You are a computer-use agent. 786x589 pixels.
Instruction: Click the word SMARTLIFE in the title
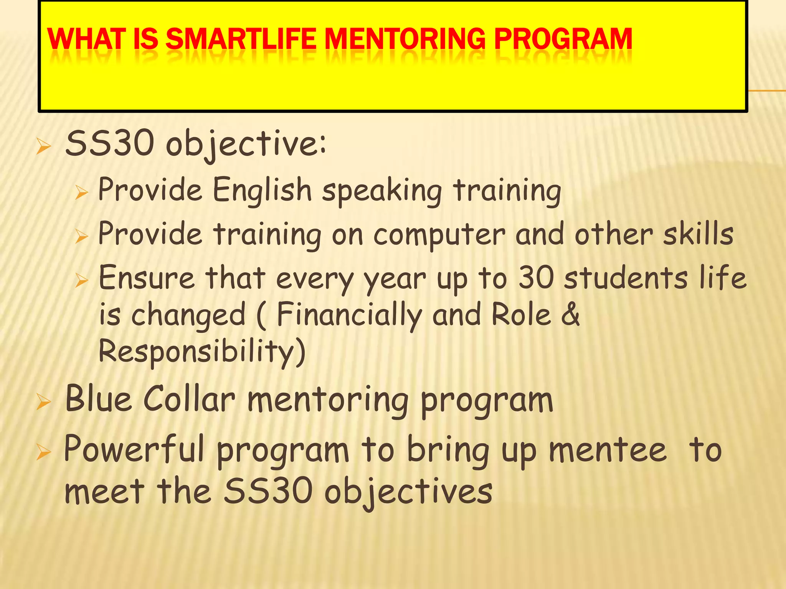tap(241, 39)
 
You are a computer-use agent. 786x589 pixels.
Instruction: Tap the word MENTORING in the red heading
tap(405, 39)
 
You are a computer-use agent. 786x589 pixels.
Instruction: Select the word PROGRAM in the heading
tap(563, 39)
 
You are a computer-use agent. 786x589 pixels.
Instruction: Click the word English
tap(262, 189)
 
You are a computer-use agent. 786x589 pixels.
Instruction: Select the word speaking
tap(382, 191)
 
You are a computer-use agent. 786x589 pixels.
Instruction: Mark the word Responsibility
tap(202, 351)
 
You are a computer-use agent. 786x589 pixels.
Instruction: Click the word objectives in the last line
tap(408, 492)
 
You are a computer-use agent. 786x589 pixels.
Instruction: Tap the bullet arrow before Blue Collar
tap(43, 402)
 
